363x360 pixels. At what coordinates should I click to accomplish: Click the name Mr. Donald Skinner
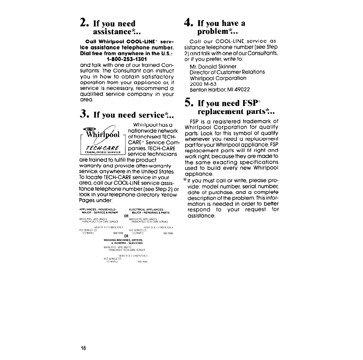pos(213,66)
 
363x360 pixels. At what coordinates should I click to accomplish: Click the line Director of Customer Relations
pos(227,72)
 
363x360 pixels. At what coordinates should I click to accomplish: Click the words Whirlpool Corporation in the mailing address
pos(218,78)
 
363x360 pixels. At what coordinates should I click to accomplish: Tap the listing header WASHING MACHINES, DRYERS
pos(123,240)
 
